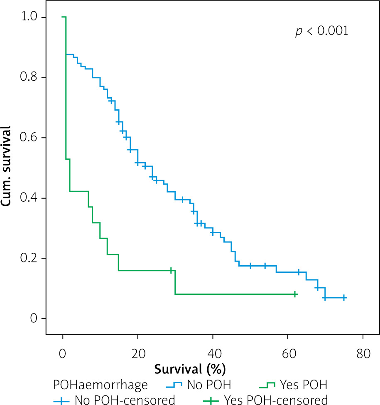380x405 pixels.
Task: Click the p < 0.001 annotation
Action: (321, 32)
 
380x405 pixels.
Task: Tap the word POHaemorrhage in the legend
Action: (101, 385)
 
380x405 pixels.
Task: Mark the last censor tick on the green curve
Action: (295, 294)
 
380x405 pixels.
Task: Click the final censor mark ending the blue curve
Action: (344, 298)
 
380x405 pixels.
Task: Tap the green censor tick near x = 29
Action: (171, 270)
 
